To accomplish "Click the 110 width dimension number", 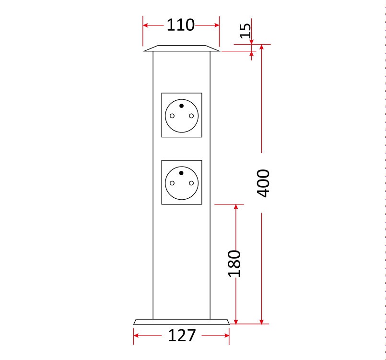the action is [x=181, y=25].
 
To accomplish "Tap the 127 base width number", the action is [x=182, y=336].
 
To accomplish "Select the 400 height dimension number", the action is [x=263, y=183].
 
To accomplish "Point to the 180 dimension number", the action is [x=234, y=264].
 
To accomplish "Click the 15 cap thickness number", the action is [x=245, y=31].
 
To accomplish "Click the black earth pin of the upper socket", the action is [x=181, y=106].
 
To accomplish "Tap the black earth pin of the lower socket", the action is [x=181, y=173].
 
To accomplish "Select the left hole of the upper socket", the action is [x=172, y=116].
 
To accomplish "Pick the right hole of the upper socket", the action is [x=191, y=116].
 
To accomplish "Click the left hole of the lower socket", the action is [x=172, y=183].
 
